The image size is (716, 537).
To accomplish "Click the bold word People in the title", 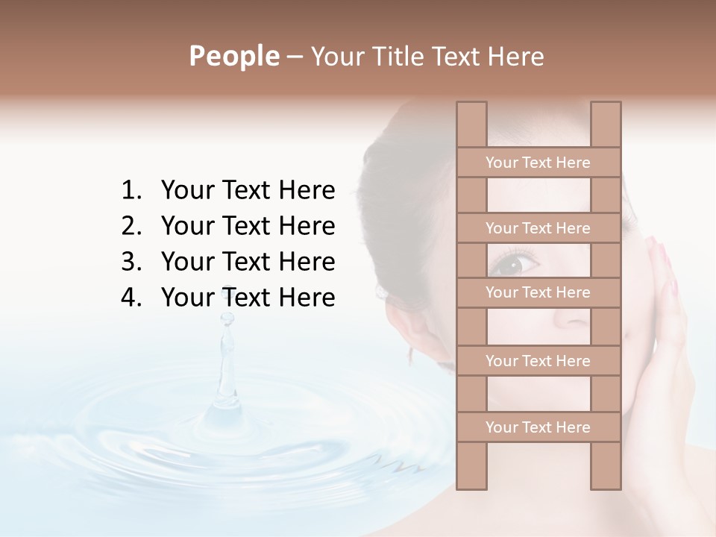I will coord(233,57).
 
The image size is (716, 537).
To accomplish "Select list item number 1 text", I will coord(248,191).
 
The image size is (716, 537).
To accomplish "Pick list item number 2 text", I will coord(248,226).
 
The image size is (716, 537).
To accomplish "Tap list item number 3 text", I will coord(248,262).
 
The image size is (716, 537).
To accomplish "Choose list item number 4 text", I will coord(248,298).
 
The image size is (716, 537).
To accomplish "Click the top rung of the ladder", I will coord(538,163).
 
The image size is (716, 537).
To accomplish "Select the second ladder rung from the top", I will coord(538,228).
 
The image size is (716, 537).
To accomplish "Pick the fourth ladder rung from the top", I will coord(538,361).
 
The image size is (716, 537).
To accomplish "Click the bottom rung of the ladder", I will coord(538,427).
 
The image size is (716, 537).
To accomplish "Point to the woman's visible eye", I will coord(515,263).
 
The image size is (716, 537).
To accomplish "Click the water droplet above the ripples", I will coord(226,319).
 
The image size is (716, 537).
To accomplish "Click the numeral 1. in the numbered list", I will coord(131,191).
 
